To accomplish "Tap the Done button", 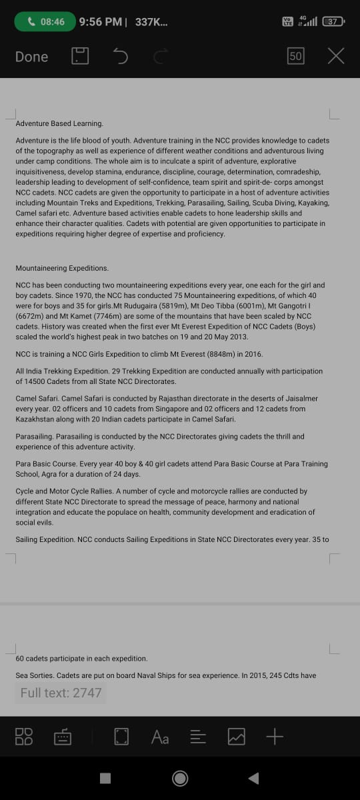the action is pyautogui.click(x=31, y=57).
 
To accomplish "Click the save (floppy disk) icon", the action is pyautogui.click(x=80, y=57).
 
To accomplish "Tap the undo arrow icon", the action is pyautogui.click(x=121, y=57).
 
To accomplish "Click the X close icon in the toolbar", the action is pyautogui.click(x=336, y=57).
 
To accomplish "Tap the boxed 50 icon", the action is pyautogui.click(x=296, y=57).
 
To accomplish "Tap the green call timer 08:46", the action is pyautogui.click(x=45, y=22).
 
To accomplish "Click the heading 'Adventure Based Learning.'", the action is pyautogui.click(x=59, y=123).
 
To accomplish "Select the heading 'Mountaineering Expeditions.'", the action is pyautogui.click(x=62, y=268).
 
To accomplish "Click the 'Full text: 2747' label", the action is pyautogui.click(x=61, y=693).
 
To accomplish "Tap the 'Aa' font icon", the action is pyautogui.click(x=160, y=737).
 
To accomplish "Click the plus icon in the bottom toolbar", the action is pyautogui.click(x=275, y=737).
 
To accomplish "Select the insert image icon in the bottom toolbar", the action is pyautogui.click(x=237, y=737).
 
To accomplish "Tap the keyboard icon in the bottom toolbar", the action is pyautogui.click(x=63, y=737).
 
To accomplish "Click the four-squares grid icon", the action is pyautogui.click(x=23, y=737).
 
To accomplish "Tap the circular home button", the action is pyautogui.click(x=180, y=778).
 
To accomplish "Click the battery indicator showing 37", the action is pyautogui.click(x=332, y=22).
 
